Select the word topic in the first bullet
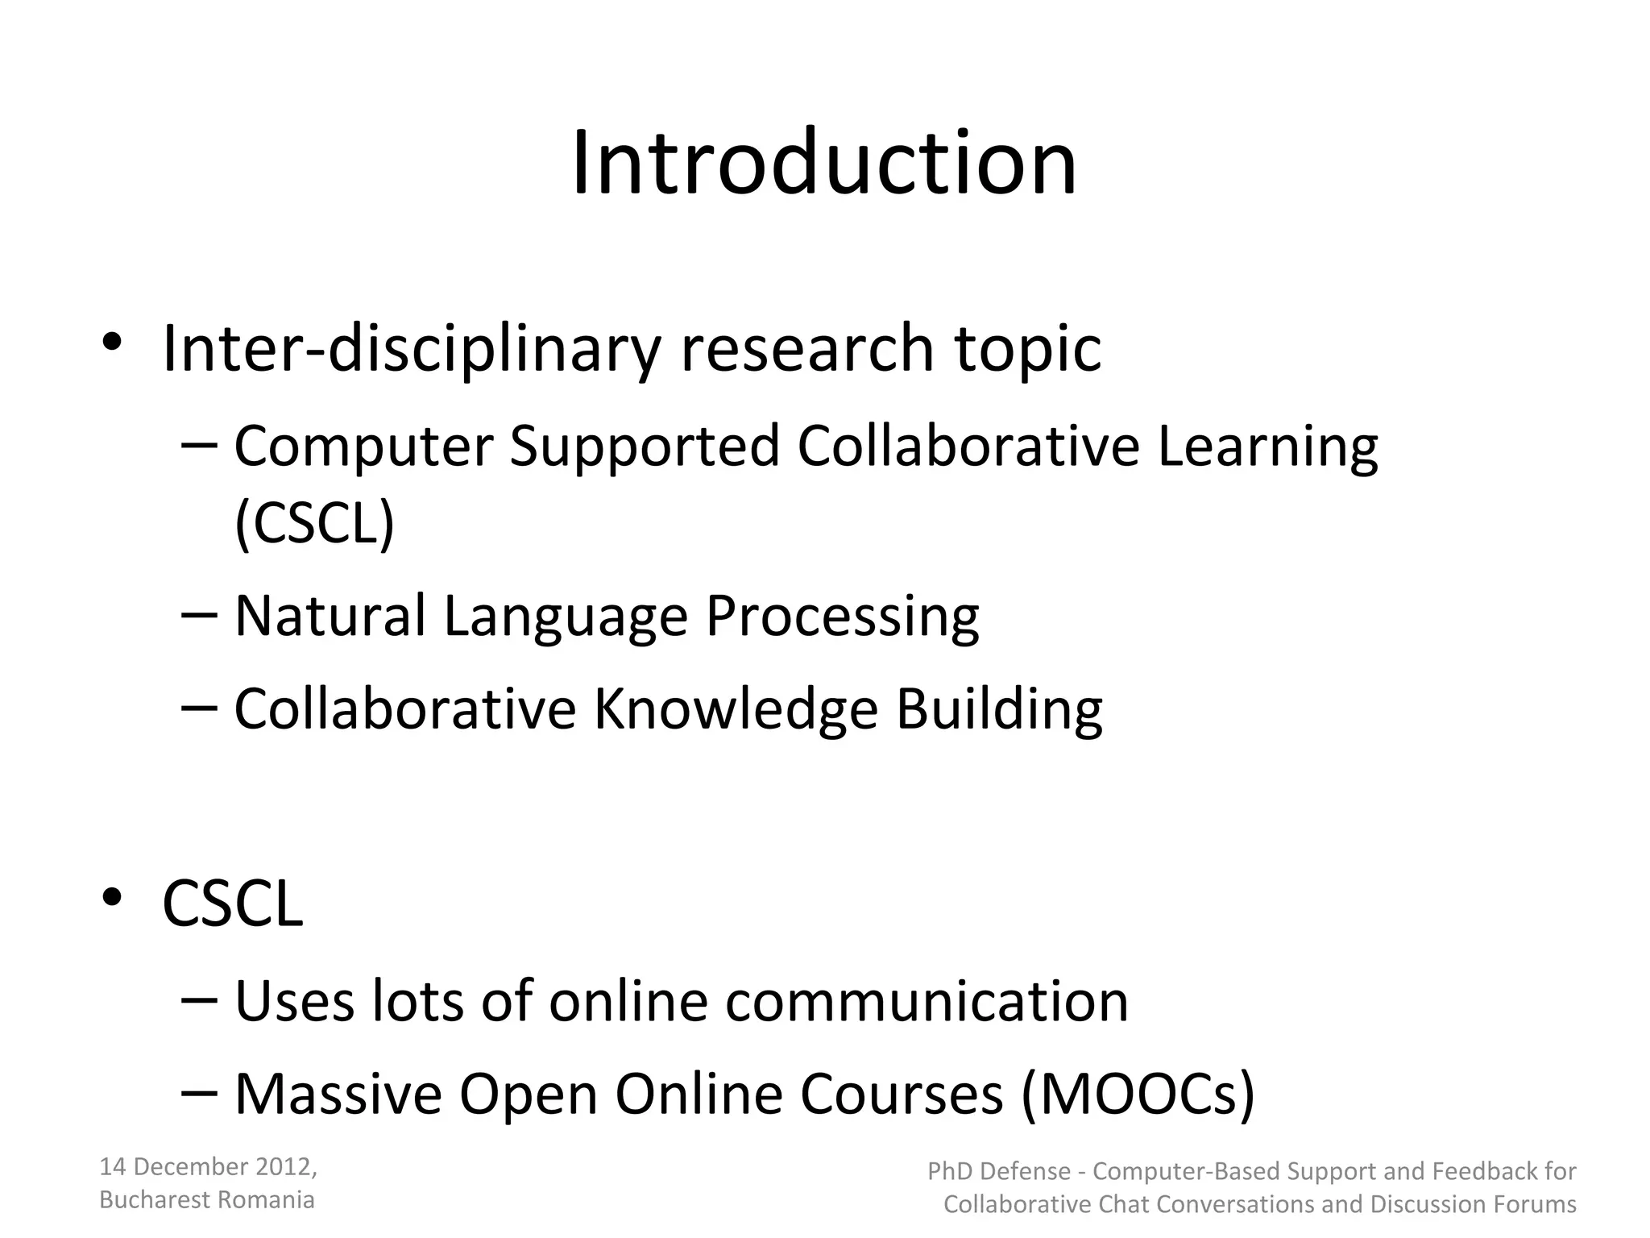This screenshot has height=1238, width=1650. tap(1027, 350)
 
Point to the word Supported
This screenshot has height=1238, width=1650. tap(645, 447)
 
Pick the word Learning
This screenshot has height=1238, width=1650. tap(1267, 447)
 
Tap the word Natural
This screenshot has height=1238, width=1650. tap(330, 616)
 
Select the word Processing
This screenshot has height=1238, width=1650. tap(842, 617)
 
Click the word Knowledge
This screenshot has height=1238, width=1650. tap(735, 709)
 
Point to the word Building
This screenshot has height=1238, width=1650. tap(999, 709)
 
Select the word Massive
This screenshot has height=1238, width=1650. tap(338, 1095)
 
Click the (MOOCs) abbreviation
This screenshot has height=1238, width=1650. tap(1138, 1095)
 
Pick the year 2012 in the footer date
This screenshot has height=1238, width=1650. tap(283, 1167)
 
